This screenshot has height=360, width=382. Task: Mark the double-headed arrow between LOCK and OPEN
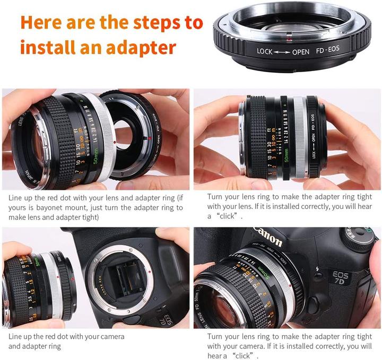point(283,51)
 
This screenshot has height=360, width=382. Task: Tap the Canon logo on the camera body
point(268,236)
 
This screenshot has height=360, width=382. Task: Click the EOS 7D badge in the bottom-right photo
point(340,276)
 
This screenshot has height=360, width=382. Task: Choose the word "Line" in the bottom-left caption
point(15,337)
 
